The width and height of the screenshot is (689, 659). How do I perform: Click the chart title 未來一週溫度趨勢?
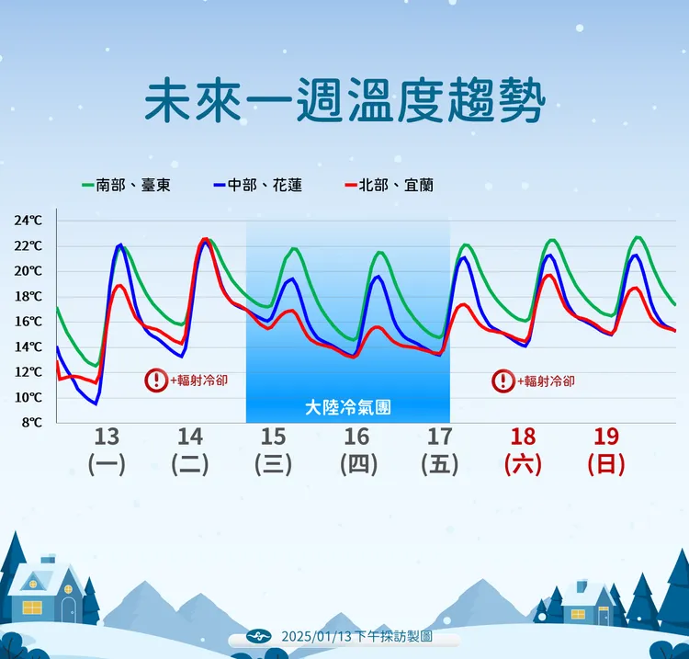click(x=344, y=101)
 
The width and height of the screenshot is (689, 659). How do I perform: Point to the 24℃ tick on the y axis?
click(x=28, y=221)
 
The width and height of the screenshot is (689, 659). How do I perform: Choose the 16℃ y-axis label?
click(x=28, y=322)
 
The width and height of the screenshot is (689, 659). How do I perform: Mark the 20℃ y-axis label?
click(x=28, y=271)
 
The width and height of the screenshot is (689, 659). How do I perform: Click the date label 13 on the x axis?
click(x=107, y=436)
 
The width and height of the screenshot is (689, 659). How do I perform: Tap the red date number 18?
click(x=523, y=436)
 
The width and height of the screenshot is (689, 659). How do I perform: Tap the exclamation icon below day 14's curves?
click(x=156, y=380)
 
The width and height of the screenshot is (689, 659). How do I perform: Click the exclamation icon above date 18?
click(x=503, y=381)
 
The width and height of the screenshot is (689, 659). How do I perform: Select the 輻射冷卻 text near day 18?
click(x=548, y=381)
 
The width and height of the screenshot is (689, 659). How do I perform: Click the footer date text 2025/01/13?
click(x=316, y=636)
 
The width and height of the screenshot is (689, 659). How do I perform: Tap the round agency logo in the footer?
click(x=262, y=636)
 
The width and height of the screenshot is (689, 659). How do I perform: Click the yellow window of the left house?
click(x=33, y=608)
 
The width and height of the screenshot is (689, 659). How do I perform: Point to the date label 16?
click(x=356, y=436)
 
